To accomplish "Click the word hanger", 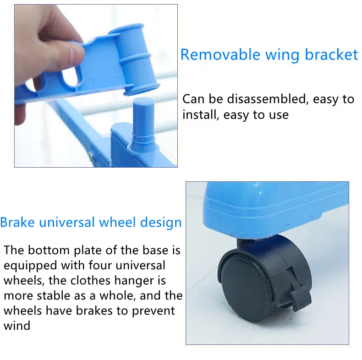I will (x=146, y=281).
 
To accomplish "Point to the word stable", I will (x=59, y=296).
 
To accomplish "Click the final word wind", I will (x=17, y=326).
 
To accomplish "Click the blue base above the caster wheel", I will (x=275, y=208).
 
